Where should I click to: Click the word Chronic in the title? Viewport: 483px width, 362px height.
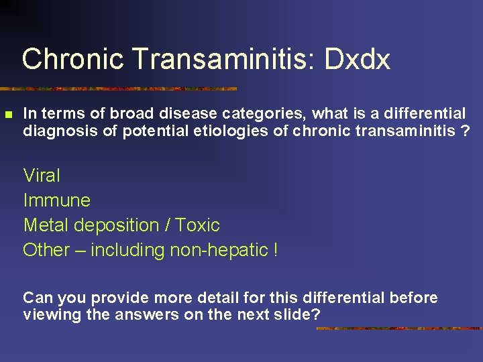[73, 59]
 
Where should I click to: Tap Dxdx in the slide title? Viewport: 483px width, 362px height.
[358, 59]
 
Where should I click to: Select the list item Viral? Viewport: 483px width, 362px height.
[42, 176]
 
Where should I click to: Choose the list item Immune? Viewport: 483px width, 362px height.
[56, 200]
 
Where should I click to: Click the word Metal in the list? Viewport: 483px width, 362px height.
[44, 225]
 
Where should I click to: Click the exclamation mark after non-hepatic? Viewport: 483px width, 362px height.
[275, 250]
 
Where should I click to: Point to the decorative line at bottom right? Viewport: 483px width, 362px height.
[398, 328]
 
